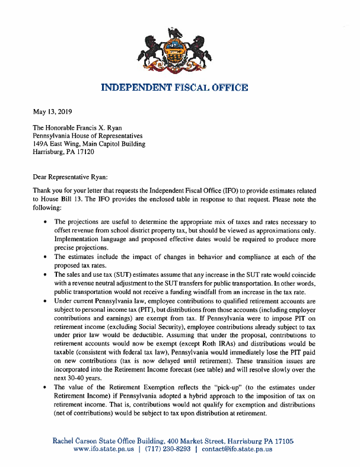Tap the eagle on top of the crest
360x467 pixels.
pyautogui.click(x=174, y=33)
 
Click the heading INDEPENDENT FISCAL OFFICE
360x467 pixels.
pyautogui.click(x=174, y=88)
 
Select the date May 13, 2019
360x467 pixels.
pyautogui.click(x=53, y=111)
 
